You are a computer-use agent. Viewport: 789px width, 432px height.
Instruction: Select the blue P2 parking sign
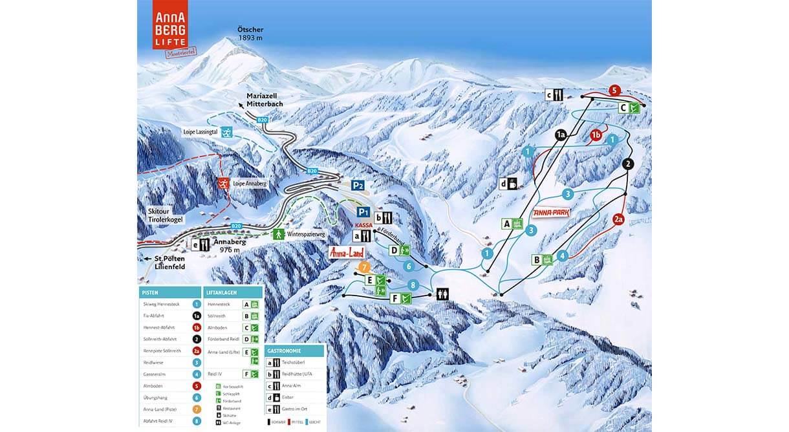pos(358,185)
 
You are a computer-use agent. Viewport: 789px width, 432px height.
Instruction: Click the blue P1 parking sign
pos(363,211)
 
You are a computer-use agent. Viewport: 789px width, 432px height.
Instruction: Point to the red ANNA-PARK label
pos(550,213)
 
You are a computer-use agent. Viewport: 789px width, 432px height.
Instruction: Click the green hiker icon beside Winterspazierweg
pos(279,234)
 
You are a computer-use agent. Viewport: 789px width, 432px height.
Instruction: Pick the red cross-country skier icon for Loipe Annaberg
pos(223,184)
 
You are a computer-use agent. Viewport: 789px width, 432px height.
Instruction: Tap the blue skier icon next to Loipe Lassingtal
pos(227,132)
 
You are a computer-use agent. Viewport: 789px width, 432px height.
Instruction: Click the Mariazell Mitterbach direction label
pos(264,100)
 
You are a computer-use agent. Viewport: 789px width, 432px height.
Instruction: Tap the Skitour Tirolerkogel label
pos(165,216)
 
